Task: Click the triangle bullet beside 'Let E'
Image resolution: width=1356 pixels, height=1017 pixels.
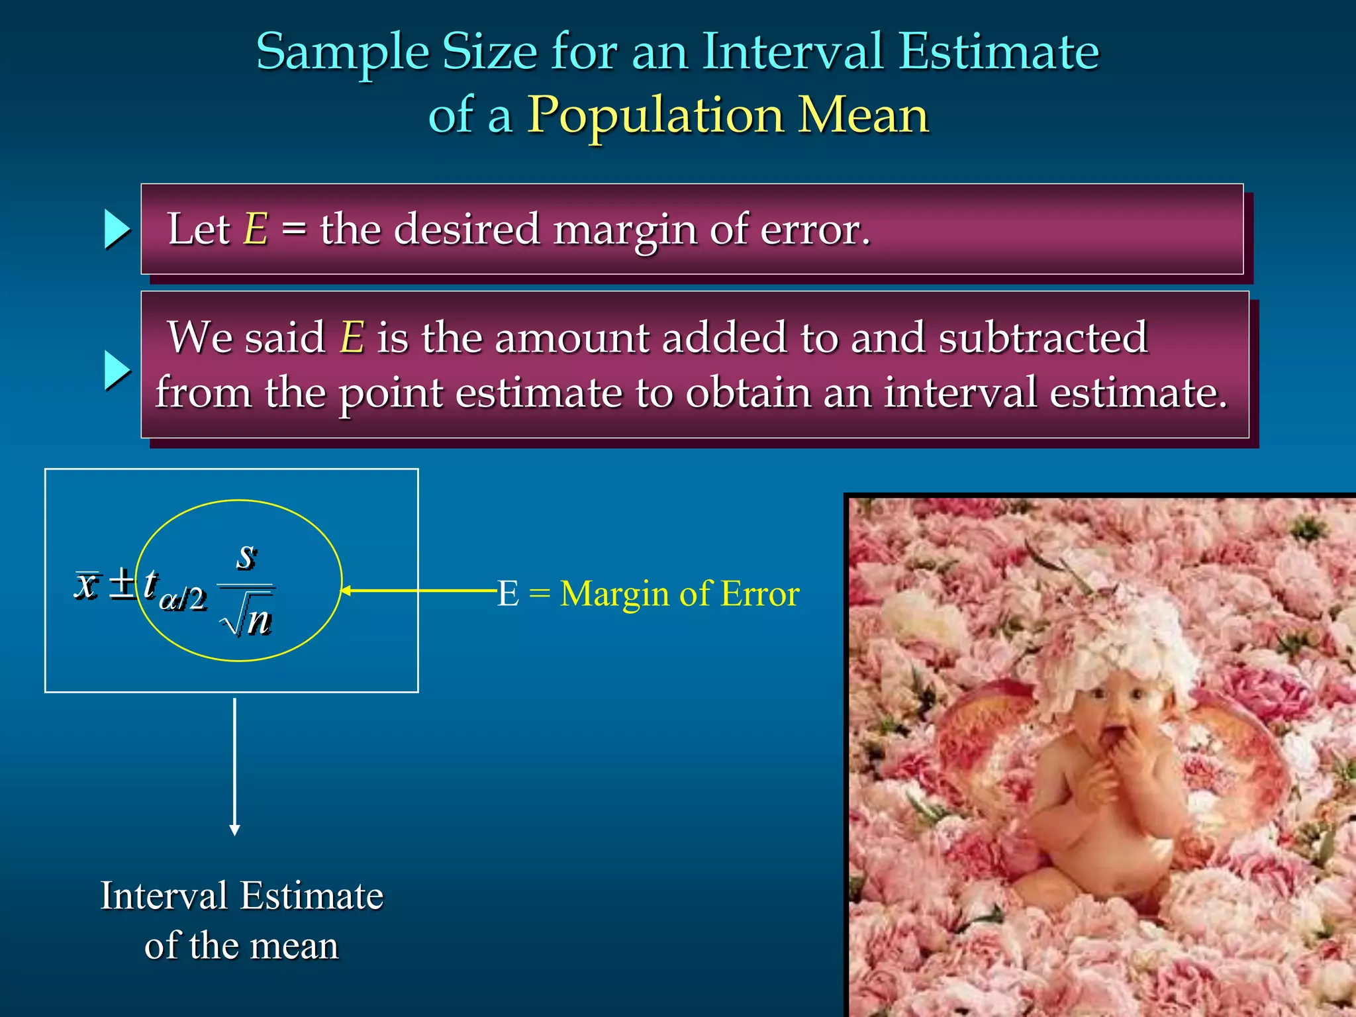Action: [x=117, y=229]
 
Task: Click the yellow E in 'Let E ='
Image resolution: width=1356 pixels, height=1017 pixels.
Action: [x=256, y=229]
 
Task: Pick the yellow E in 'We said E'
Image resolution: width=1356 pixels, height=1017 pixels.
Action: [x=352, y=337]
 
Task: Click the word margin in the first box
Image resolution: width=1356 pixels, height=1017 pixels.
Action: [x=624, y=230]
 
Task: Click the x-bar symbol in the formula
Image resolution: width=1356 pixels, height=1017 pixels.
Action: [x=87, y=584]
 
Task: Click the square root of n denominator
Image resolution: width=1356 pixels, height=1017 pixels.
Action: [x=248, y=620]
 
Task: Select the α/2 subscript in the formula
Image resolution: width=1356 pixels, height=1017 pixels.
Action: [x=183, y=599]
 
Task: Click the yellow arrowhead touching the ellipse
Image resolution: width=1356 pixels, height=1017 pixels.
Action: [x=346, y=591]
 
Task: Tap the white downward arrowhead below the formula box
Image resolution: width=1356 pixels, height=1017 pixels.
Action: [x=234, y=830]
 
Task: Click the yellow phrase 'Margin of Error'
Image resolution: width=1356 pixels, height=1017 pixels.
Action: [x=679, y=593]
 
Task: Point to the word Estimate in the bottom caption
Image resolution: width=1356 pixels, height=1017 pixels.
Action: [x=311, y=896]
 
